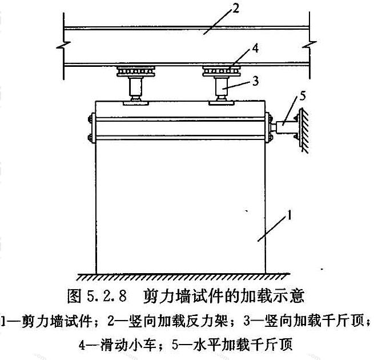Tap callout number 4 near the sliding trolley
255,48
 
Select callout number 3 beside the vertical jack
255,81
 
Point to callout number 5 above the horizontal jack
302,96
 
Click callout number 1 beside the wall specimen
289,215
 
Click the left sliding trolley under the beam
136,71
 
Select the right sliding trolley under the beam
222,71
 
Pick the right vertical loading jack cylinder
222,86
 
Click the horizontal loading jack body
284,127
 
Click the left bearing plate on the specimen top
136,103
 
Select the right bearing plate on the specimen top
222,103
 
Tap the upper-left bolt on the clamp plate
90,119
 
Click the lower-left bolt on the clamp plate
90,138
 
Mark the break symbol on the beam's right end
309,45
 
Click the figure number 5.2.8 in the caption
106,296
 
